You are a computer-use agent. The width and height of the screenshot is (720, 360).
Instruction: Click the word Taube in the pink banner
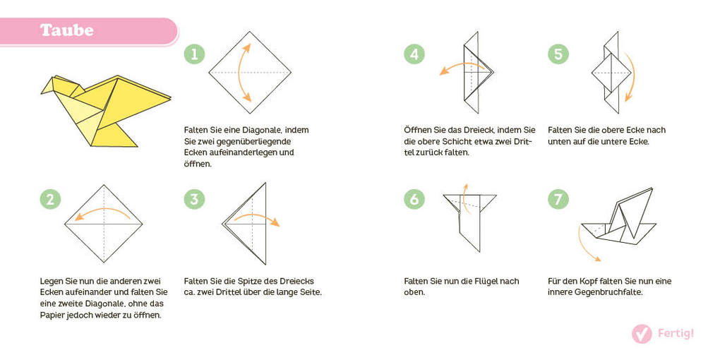[67, 30]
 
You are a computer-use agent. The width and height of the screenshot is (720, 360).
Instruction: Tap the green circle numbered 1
[194, 54]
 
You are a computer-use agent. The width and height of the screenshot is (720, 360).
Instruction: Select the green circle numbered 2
[50, 199]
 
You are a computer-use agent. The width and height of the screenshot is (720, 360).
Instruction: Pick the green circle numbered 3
[194, 199]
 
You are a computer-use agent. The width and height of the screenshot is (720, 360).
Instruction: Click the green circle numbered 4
[414, 54]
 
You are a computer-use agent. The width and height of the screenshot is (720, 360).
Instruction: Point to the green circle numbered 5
[558, 54]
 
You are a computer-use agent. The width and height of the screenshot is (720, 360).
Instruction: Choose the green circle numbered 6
[414, 199]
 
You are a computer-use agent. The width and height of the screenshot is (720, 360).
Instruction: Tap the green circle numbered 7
[558, 199]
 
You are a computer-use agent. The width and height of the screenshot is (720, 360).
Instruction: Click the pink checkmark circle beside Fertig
[642, 334]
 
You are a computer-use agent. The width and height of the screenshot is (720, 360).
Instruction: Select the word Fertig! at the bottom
[676, 334]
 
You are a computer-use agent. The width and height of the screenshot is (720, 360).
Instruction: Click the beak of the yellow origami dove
[44, 90]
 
